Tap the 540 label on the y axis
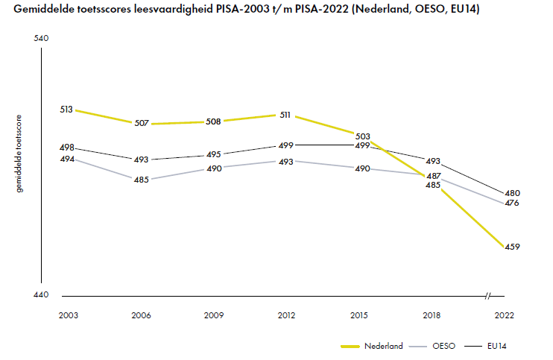point(42,39)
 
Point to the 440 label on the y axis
point(42,295)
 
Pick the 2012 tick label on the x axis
point(286,316)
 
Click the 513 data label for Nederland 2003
point(67,110)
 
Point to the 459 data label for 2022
point(511,247)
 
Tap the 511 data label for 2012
point(285,116)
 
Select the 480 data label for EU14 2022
point(512,193)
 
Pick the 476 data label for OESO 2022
point(512,203)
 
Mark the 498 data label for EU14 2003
point(67,148)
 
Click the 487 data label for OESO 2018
point(434,176)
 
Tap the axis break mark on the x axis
point(489,296)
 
